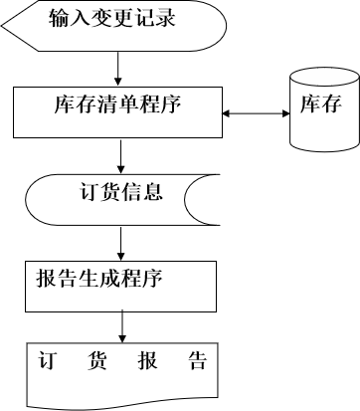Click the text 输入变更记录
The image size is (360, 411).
point(112,18)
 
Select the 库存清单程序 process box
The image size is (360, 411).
point(117,112)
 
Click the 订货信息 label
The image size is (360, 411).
point(120,190)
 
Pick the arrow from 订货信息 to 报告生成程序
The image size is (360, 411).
point(120,242)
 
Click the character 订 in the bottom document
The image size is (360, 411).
point(47,360)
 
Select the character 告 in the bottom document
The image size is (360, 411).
point(197,360)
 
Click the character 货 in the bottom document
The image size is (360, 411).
point(97,360)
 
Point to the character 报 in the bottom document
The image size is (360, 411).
point(147,360)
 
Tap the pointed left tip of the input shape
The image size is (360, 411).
point(4,24)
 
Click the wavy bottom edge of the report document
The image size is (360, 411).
point(119,402)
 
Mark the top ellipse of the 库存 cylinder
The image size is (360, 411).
point(323,78)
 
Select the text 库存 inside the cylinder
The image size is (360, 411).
point(323,103)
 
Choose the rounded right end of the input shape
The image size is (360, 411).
point(218,24)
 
